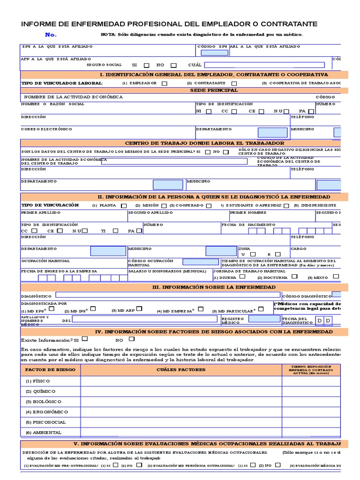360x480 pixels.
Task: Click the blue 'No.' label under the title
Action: point(51,35)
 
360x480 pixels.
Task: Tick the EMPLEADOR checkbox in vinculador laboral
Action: point(164,83)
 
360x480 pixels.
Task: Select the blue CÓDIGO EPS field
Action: point(215,52)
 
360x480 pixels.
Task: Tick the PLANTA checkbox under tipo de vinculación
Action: point(124,205)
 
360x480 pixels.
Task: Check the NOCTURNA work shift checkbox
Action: point(294,277)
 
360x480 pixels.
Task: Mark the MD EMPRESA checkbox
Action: point(201,309)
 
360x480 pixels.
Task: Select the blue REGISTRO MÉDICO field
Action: point(264,319)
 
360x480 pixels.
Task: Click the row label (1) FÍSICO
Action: point(38,381)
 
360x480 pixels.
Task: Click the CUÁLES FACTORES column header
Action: point(181,370)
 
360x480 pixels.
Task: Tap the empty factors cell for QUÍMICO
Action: point(181,391)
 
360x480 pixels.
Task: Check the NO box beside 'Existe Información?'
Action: point(132,339)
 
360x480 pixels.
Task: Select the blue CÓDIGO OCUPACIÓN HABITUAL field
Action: point(201,262)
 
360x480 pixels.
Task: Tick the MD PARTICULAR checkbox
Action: point(261,309)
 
